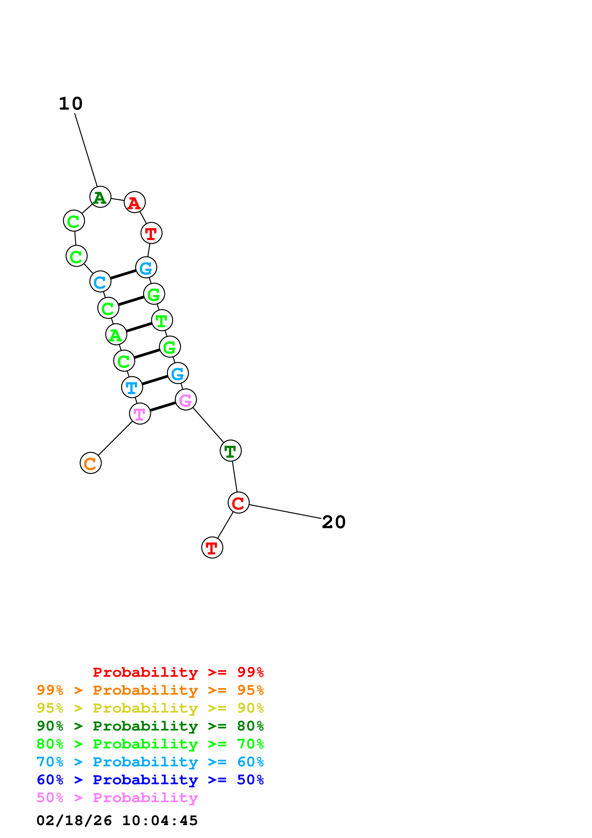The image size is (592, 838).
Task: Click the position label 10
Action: pos(71,104)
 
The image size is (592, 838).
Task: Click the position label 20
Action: pos(333,522)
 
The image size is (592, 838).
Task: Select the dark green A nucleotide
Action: pos(100,197)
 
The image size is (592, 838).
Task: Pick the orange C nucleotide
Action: pos(91,463)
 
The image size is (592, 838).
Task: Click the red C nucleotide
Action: pos(239,503)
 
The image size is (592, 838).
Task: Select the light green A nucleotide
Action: pos(116,334)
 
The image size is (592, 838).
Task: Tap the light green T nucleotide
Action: pos(162,320)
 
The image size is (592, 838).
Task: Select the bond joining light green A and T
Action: pos(139,328)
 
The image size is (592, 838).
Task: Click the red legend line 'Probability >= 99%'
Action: pos(178,672)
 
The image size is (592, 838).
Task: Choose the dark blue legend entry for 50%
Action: pos(150,780)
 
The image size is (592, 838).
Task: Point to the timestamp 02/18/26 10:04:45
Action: pos(117,821)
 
